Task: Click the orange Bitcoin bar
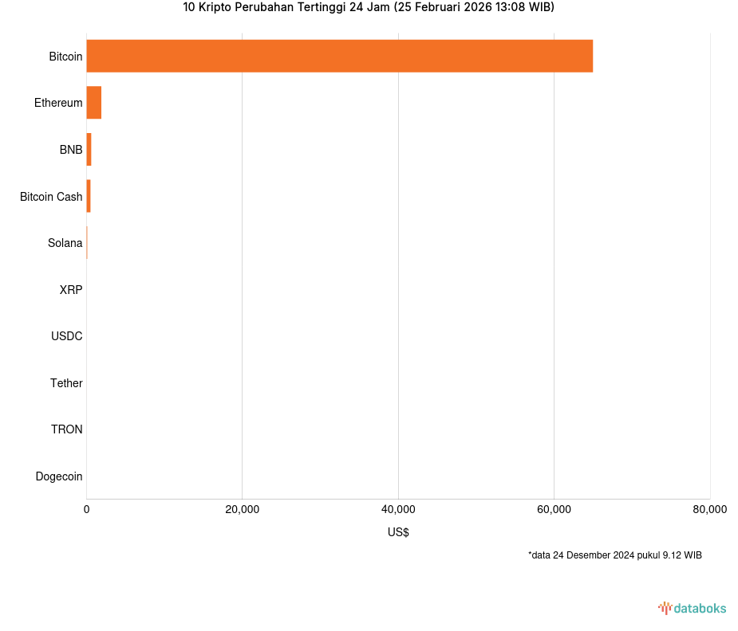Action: tap(339, 56)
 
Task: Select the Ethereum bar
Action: tap(93, 103)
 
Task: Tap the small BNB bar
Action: tap(89, 150)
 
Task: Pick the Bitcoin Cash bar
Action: tap(89, 196)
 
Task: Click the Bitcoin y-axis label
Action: tap(65, 57)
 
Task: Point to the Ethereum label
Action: tap(58, 103)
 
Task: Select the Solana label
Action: tap(65, 243)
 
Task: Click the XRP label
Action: tap(70, 290)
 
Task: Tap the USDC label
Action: tap(66, 336)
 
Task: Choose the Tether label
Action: tap(66, 383)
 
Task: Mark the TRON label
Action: tap(66, 429)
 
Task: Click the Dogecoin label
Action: tap(58, 476)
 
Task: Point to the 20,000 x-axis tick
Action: tap(243, 510)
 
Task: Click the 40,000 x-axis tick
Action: tap(398, 510)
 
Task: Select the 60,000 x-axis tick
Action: tap(554, 510)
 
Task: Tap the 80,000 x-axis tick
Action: tap(709, 510)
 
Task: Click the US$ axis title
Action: tap(398, 532)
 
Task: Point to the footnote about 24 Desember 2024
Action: tap(614, 555)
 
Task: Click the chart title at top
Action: tap(369, 8)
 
